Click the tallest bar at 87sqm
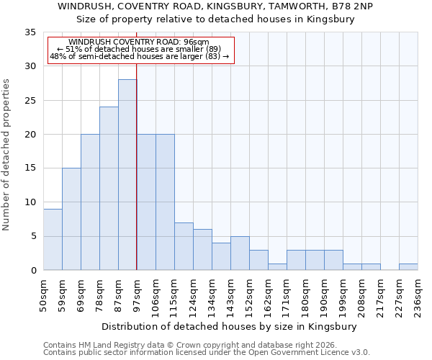click(127, 175)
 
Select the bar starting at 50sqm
click(53, 239)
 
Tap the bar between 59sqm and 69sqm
click(71, 219)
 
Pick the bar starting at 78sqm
click(109, 189)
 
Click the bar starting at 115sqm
click(184, 246)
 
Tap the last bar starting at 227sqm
click(408, 266)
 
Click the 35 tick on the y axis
click(30, 32)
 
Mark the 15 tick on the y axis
click(30, 168)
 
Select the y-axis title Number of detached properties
click(6, 155)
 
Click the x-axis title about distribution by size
click(230, 326)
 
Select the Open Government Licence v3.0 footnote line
click(207, 352)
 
